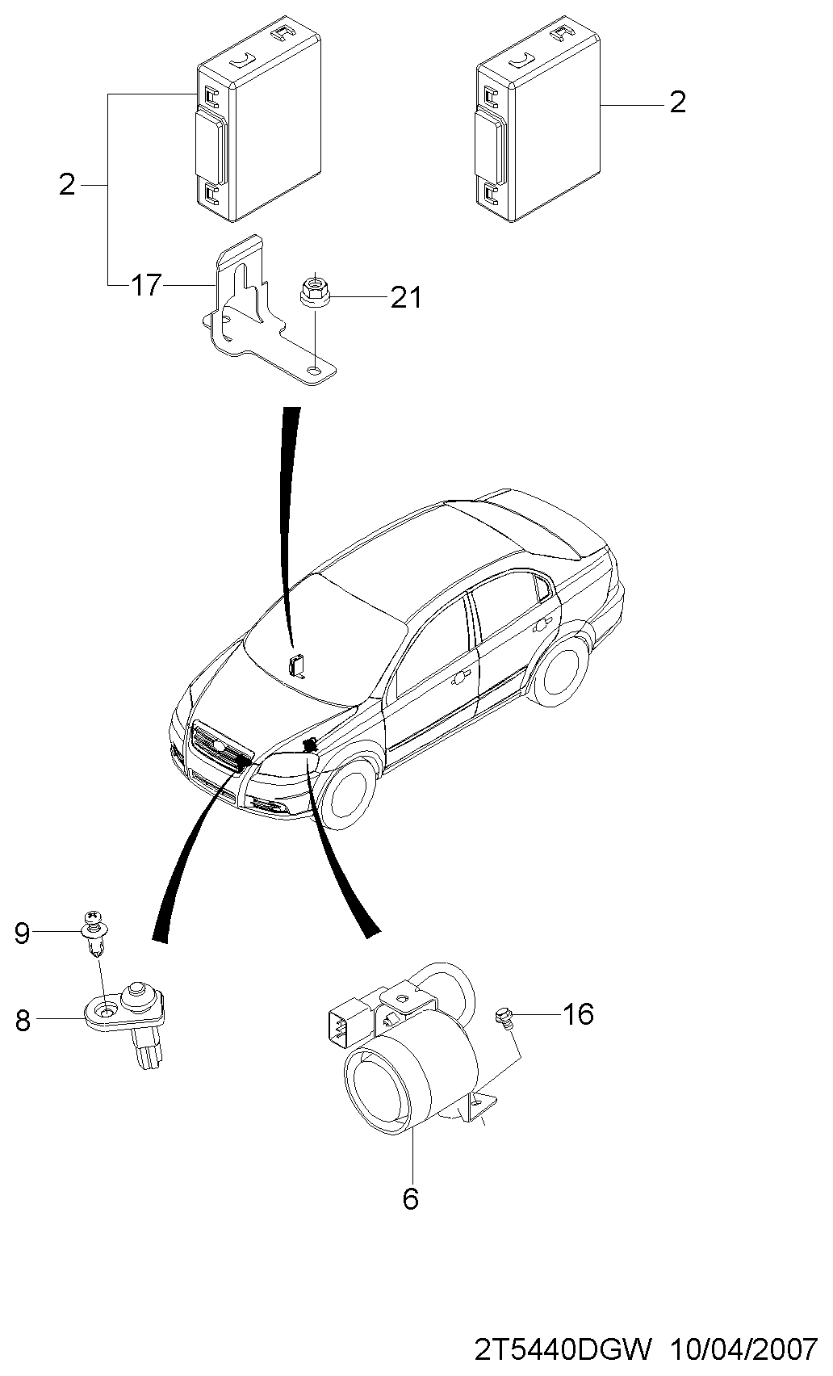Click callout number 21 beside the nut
click(406, 298)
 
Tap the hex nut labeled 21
click(316, 290)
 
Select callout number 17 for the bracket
click(146, 285)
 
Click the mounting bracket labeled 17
click(270, 310)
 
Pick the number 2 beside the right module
click(677, 102)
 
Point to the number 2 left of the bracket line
click(67, 184)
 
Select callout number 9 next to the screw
click(22, 933)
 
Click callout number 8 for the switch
click(23, 1021)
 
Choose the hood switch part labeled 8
click(128, 1022)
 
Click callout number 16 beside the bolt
click(578, 1013)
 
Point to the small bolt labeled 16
click(504, 1016)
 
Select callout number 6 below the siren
click(410, 1198)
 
